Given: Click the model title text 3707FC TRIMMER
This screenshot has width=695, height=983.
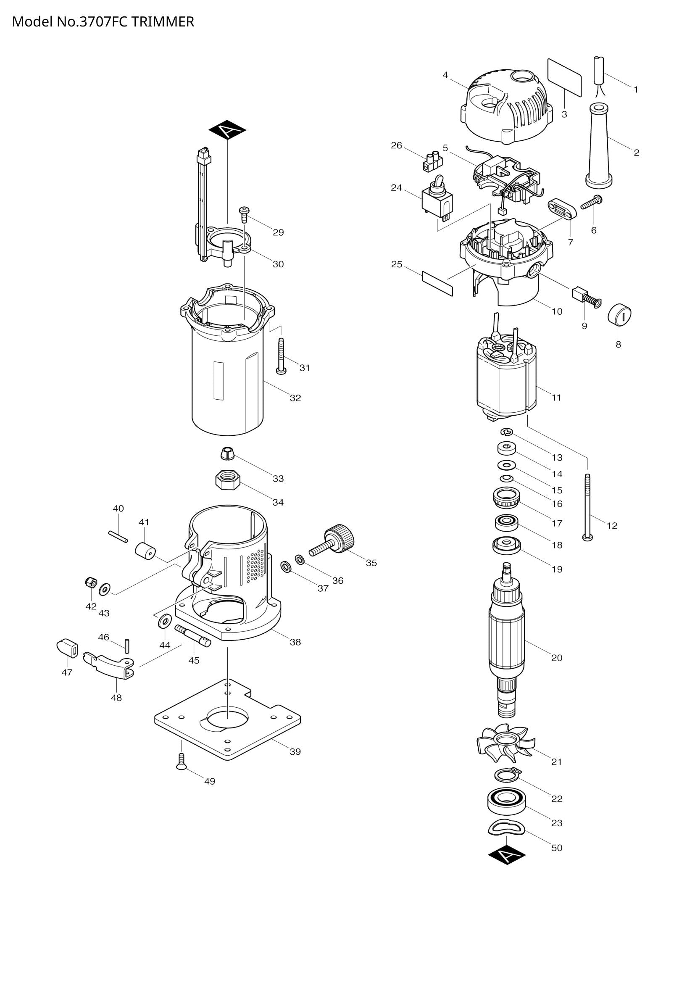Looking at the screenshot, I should pyautogui.click(x=103, y=21).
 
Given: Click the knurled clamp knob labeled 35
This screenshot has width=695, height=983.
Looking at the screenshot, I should pyautogui.click(x=338, y=540).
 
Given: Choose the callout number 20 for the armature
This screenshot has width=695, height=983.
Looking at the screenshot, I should pyautogui.click(x=556, y=658).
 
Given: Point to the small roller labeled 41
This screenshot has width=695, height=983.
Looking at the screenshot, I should pyautogui.click(x=145, y=551).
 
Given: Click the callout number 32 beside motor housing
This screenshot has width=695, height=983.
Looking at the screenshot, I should pyautogui.click(x=295, y=398).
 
